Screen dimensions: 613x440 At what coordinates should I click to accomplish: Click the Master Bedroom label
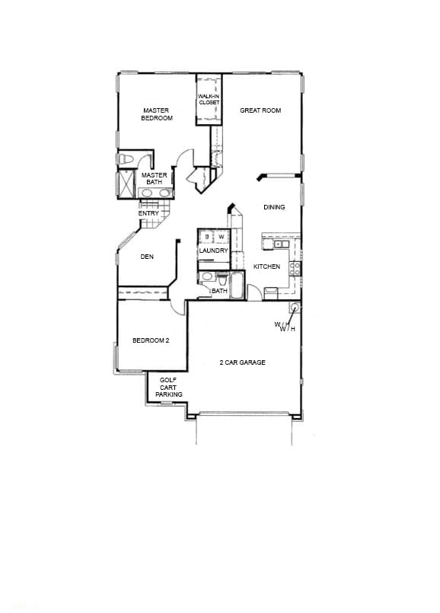[156, 114]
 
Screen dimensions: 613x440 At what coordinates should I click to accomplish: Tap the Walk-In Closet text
[209, 99]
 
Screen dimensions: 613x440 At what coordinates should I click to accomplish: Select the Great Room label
[260, 110]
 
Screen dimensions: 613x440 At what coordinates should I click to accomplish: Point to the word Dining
[274, 207]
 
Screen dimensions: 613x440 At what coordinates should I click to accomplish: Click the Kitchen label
[266, 267]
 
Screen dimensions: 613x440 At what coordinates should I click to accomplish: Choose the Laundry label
[213, 251]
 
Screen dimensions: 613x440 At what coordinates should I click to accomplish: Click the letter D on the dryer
[206, 238]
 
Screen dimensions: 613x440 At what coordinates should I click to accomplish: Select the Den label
[147, 257]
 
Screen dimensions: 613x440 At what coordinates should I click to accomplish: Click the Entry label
[148, 213]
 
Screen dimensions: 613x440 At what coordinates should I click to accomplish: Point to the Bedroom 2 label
[151, 340]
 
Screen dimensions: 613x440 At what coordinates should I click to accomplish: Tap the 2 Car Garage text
[242, 362]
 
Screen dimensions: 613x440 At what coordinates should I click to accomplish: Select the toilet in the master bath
[127, 159]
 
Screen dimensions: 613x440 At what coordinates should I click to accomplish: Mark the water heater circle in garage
[294, 308]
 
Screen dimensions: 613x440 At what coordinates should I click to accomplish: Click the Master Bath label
[155, 179]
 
